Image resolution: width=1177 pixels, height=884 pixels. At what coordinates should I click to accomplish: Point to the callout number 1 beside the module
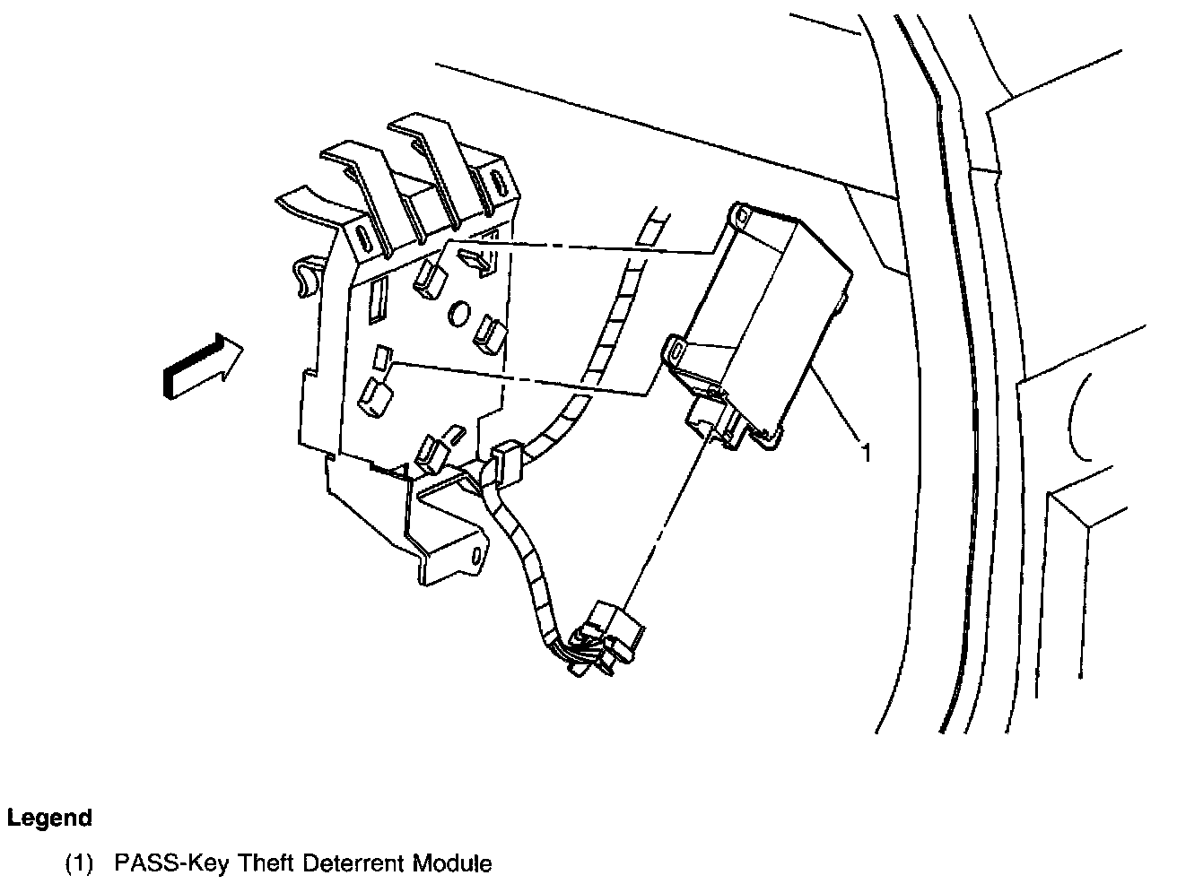tap(866, 453)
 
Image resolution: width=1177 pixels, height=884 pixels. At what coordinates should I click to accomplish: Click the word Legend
tap(49, 818)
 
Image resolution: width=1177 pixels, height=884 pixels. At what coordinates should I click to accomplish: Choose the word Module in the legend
tap(452, 864)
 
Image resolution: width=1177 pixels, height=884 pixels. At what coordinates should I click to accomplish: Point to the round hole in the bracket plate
tap(458, 314)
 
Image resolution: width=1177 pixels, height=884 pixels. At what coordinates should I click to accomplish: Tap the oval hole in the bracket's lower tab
tap(475, 558)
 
